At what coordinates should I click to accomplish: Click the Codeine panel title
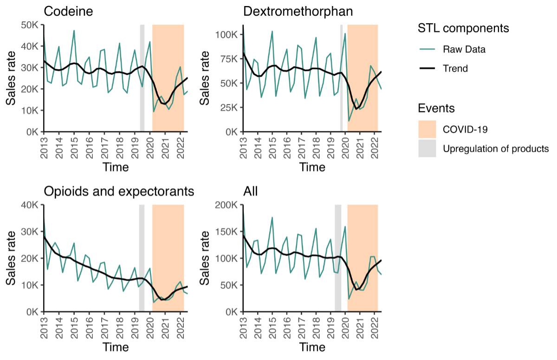(68, 12)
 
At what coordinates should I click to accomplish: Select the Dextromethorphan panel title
(298, 12)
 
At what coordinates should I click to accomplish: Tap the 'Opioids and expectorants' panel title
(119, 191)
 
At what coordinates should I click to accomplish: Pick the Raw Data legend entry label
(464, 49)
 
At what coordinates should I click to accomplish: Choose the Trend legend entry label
(455, 69)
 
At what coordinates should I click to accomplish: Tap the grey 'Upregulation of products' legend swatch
(427, 149)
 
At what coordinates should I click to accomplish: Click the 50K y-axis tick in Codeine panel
(31, 25)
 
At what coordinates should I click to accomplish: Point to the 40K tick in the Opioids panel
(31, 205)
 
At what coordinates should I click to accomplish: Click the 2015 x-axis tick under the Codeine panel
(74, 145)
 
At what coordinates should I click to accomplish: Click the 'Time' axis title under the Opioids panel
(116, 347)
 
